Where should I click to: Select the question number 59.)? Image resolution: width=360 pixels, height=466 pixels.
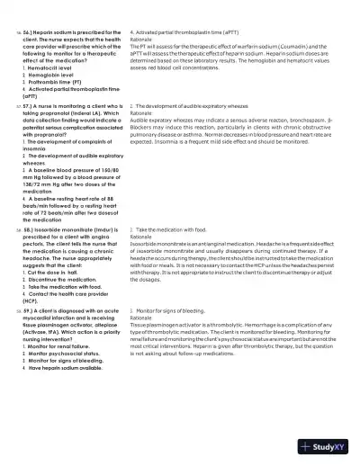[x=31, y=309]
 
